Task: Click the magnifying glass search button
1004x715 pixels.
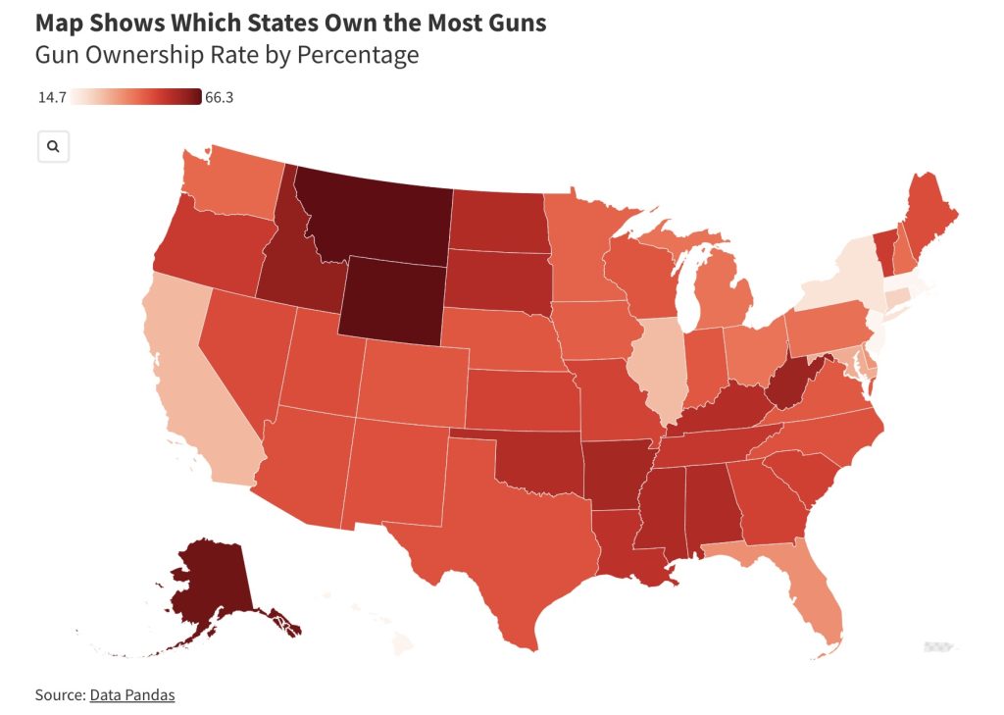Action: [53, 146]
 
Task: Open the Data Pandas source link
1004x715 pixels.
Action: [132, 694]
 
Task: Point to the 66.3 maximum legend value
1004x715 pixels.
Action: [219, 97]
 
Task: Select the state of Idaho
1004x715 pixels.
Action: [294, 265]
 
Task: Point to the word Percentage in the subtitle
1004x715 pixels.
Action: [354, 55]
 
